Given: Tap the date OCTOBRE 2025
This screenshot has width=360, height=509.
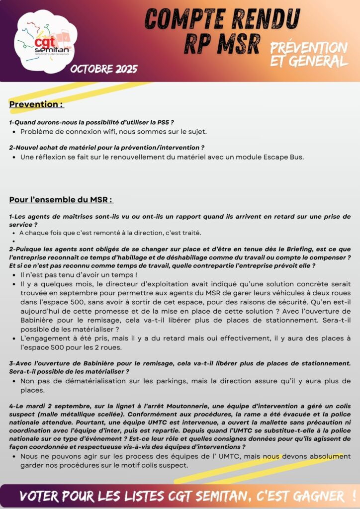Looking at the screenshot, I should tap(104, 69).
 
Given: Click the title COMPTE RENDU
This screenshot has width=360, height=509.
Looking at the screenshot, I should tap(222, 20).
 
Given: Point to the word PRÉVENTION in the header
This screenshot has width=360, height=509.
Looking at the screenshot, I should tap(309, 48).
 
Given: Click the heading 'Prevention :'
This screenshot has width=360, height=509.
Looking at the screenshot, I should tap(36, 104).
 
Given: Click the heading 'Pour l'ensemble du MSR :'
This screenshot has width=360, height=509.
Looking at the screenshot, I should tap(61, 200).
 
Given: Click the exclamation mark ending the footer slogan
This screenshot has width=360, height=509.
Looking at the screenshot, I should tap(353, 496).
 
